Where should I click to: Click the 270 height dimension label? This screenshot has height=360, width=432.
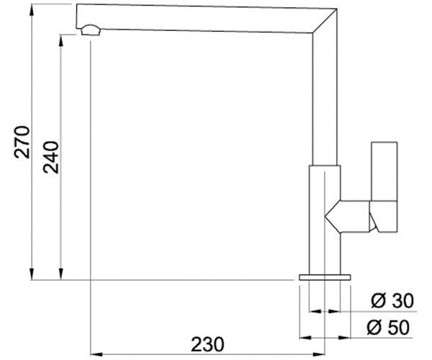coord(22,142)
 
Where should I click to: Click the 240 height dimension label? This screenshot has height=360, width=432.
coord(51,157)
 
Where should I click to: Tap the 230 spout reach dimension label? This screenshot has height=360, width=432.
coord(208,345)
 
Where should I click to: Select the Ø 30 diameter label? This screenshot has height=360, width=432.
coord(392,301)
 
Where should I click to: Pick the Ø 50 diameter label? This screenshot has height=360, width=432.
coord(388,328)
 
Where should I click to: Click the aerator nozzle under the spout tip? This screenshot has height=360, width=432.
coord(91,30)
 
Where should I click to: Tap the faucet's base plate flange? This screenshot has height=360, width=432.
coord(325,277)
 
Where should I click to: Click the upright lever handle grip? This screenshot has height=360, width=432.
coord(384,171)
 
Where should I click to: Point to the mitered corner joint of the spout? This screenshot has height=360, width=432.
coord(325,21)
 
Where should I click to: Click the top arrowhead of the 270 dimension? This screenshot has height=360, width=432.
coord(32,11)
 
